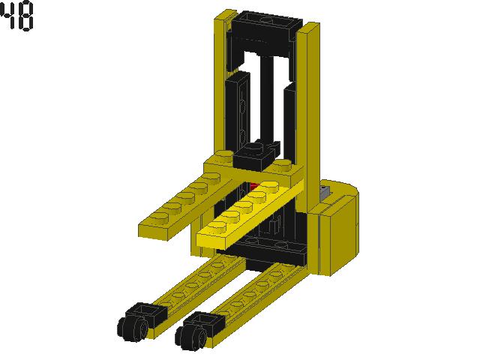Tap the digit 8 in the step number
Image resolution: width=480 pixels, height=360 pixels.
(25, 15)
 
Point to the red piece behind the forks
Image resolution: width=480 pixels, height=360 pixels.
(254, 186)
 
